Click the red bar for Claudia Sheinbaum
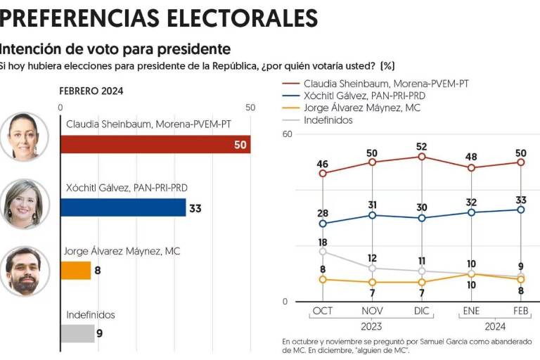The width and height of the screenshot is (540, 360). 155,144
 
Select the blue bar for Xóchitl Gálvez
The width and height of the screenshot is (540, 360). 123,207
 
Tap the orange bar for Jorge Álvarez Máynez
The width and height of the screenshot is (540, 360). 76,271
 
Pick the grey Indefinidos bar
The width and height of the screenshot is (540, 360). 77,333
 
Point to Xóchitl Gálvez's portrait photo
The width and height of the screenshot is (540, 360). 25,204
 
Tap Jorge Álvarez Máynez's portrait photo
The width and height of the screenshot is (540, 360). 25,271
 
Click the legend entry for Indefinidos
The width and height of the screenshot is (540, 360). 328,120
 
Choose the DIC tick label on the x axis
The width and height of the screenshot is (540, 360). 421,311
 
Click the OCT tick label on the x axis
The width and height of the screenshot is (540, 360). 323,311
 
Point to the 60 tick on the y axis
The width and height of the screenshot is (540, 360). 287,134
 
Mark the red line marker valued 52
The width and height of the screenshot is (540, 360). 421,157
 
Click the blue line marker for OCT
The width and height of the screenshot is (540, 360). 323,224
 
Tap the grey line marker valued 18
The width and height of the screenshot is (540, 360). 323,251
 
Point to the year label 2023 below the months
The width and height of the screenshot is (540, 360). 371,326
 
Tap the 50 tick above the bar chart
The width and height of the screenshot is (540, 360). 250,107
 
